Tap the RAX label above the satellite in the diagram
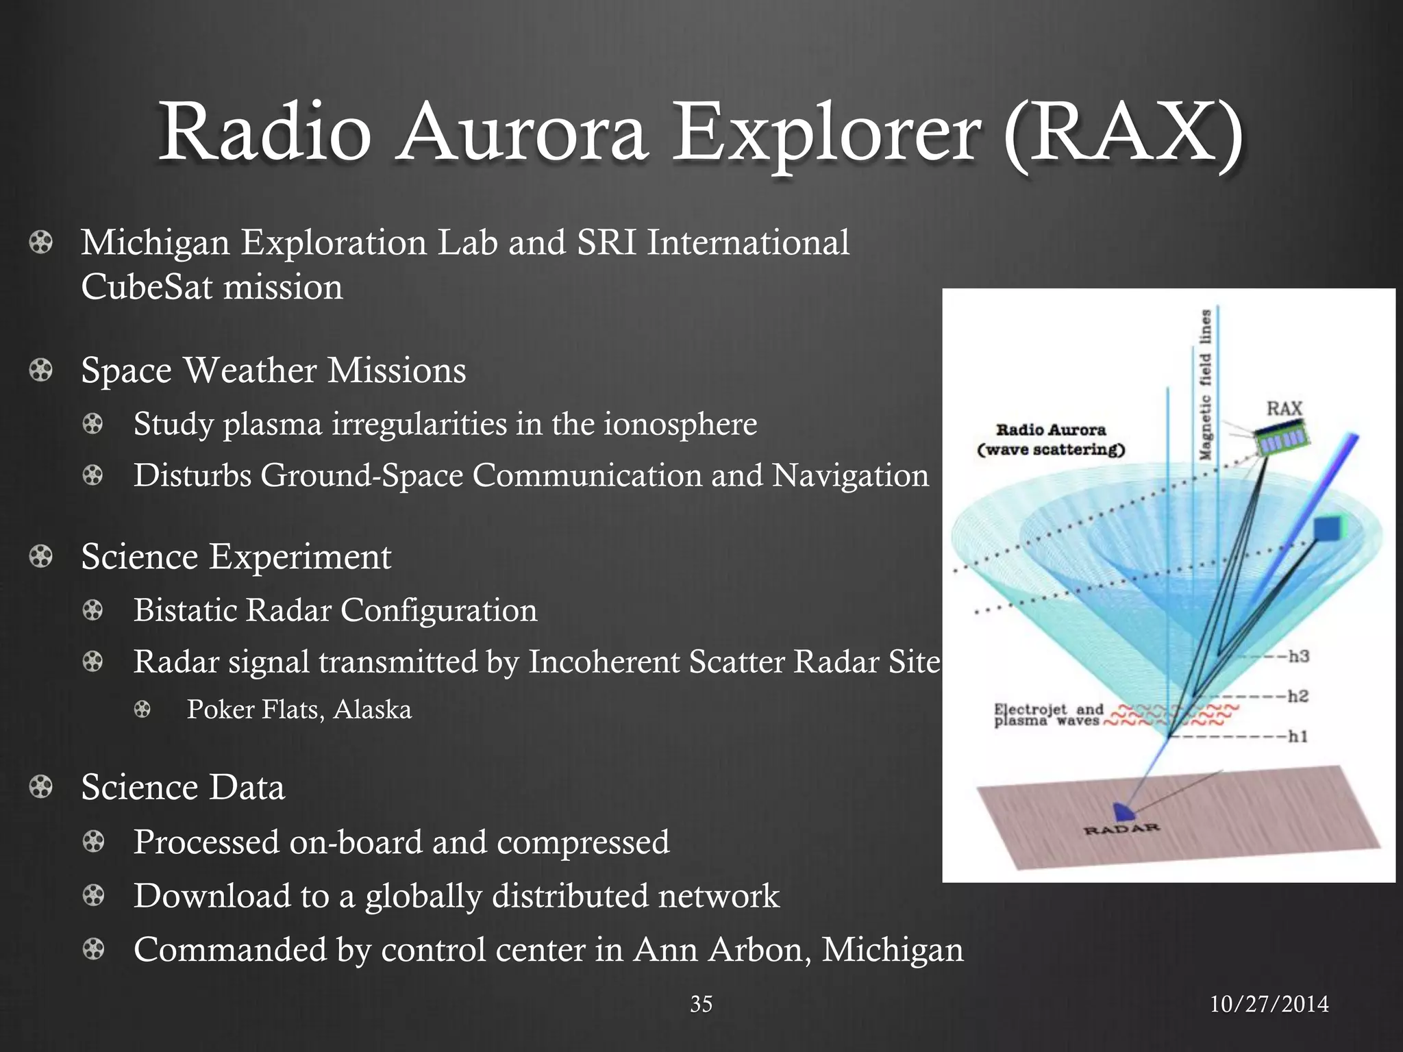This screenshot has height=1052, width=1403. tap(1284, 409)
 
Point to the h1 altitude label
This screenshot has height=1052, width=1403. tap(1298, 736)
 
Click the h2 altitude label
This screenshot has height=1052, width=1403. tap(1298, 697)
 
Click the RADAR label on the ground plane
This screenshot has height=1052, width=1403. tap(1122, 829)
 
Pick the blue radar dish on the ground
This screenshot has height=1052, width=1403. tap(1123, 812)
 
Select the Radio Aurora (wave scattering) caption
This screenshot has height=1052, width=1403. tap(1051, 440)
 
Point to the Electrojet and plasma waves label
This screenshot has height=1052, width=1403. tap(1048, 715)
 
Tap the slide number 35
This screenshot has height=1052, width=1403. tap(701, 1004)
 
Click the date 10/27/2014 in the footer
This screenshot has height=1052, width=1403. tap(1269, 1004)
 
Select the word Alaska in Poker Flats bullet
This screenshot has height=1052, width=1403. tap(372, 710)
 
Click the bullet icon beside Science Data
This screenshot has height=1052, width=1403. tap(41, 787)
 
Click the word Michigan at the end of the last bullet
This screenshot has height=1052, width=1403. tap(892, 950)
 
